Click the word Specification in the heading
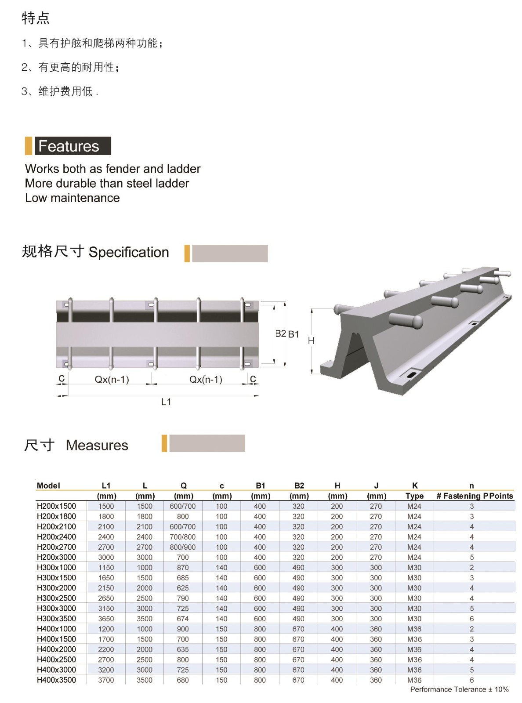(129, 252)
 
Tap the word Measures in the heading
(97, 446)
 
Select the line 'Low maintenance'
(72, 198)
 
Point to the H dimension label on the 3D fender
(311, 341)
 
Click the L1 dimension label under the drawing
(166, 402)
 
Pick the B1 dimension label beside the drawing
(294, 334)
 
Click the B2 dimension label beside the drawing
(280, 333)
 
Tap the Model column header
(48, 486)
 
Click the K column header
(415, 486)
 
